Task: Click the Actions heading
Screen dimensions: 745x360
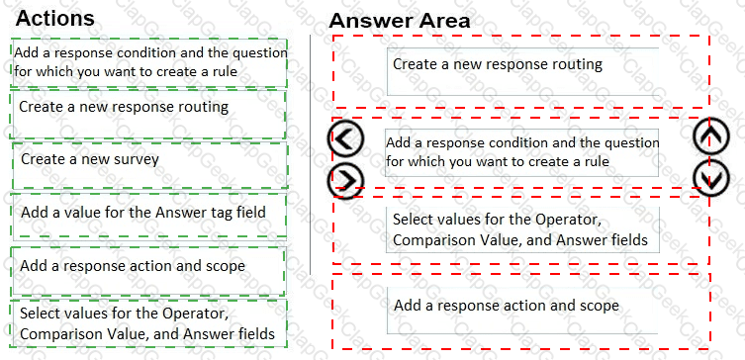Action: pyautogui.click(x=55, y=18)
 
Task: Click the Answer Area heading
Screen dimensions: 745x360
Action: pyautogui.click(x=400, y=21)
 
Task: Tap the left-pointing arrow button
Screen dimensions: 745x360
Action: pyautogui.click(x=345, y=139)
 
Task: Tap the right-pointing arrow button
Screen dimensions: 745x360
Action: pyautogui.click(x=345, y=180)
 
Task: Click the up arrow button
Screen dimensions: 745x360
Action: pyautogui.click(x=710, y=135)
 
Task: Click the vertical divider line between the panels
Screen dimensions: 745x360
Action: pyautogui.click(x=311, y=154)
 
